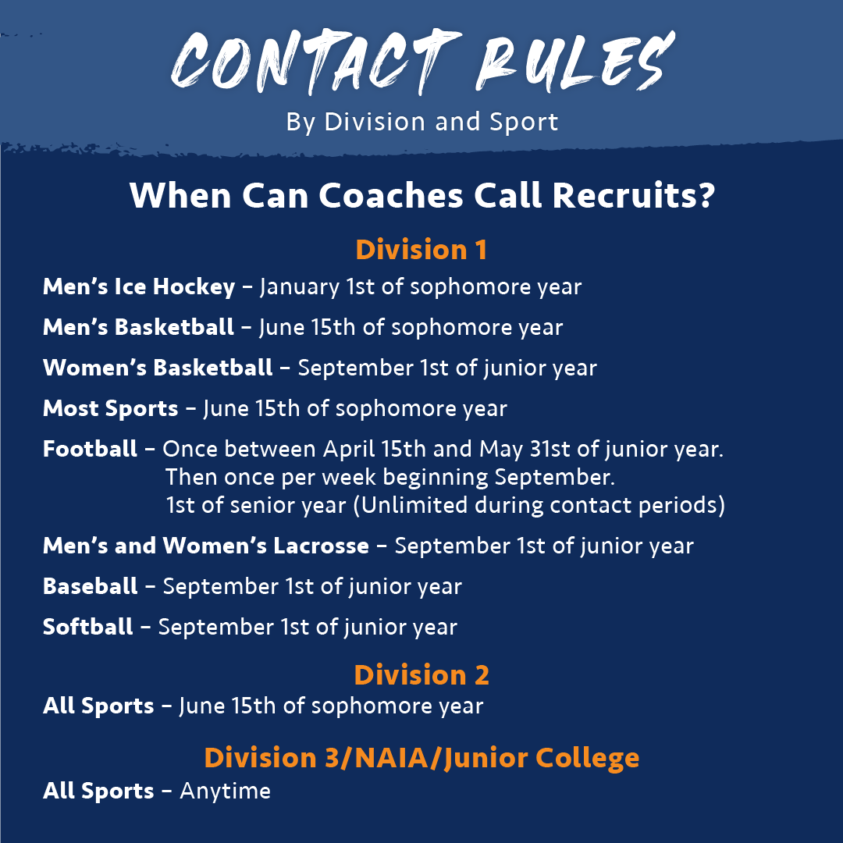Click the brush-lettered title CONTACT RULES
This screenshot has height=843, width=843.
(421, 61)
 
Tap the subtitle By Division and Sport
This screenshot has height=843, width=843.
(421, 122)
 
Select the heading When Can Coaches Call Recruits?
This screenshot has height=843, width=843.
(421, 196)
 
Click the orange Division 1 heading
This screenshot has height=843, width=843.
(421, 250)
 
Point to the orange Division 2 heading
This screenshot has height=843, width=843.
(421, 674)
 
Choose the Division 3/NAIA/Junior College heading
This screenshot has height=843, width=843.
(421, 757)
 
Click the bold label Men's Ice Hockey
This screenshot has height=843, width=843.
(139, 286)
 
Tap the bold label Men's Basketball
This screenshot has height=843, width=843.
(138, 327)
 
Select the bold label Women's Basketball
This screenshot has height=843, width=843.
(158, 368)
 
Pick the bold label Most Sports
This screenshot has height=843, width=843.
(110, 408)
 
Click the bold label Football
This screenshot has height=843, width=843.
(90, 449)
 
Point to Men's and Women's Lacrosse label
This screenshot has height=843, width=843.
(206, 545)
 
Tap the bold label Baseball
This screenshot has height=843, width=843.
(91, 585)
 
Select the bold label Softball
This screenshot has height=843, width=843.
(88, 626)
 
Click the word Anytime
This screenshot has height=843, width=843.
(225, 791)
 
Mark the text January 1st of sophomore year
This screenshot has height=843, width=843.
(421, 286)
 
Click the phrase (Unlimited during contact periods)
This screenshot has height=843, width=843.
(539, 505)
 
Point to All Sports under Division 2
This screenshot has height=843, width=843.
(98, 706)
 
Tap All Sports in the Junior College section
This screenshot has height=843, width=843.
(98, 791)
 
